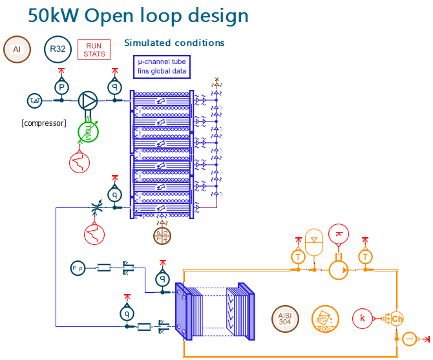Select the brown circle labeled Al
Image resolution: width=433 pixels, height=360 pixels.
pyautogui.click(x=17, y=49)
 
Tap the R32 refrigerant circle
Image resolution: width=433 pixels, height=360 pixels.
pyautogui.click(x=58, y=49)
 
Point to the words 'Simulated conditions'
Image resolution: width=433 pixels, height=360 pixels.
pyautogui.click(x=174, y=43)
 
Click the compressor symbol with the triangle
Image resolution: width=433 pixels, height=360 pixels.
pyautogui.click(x=88, y=100)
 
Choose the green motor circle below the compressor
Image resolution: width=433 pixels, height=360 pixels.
pyautogui.click(x=87, y=132)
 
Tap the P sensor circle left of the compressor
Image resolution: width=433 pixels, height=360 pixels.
pyautogui.click(x=61, y=87)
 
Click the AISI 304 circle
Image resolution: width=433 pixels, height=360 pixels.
pyautogui.click(x=285, y=318)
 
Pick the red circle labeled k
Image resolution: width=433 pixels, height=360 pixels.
pyautogui.click(x=363, y=318)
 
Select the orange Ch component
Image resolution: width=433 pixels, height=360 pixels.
pyautogui.click(x=397, y=318)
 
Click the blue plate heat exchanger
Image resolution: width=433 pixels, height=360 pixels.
pyautogui.click(x=214, y=311)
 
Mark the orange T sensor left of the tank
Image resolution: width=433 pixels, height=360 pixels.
pyautogui.click(x=298, y=257)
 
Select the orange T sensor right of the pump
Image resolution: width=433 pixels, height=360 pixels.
pyautogui.click(x=366, y=257)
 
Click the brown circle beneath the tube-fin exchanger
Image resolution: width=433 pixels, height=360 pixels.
pyautogui.click(x=162, y=236)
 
